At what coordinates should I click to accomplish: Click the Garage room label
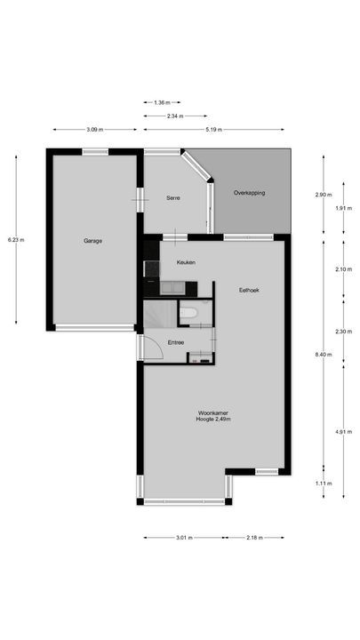pyautogui.click(x=92, y=241)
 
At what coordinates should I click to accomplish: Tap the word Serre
pyautogui.click(x=173, y=197)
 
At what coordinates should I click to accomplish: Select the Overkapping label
pyautogui.click(x=250, y=193)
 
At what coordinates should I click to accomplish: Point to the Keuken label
pyautogui.click(x=186, y=262)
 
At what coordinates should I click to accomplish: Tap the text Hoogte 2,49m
pyautogui.click(x=213, y=420)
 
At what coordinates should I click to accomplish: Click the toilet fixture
pyautogui.click(x=187, y=312)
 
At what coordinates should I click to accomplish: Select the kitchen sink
pyautogui.click(x=171, y=286)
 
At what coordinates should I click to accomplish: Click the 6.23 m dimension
pyautogui.click(x=16, y=240)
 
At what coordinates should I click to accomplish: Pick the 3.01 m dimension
pyautogui.click(x=183, y=538)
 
